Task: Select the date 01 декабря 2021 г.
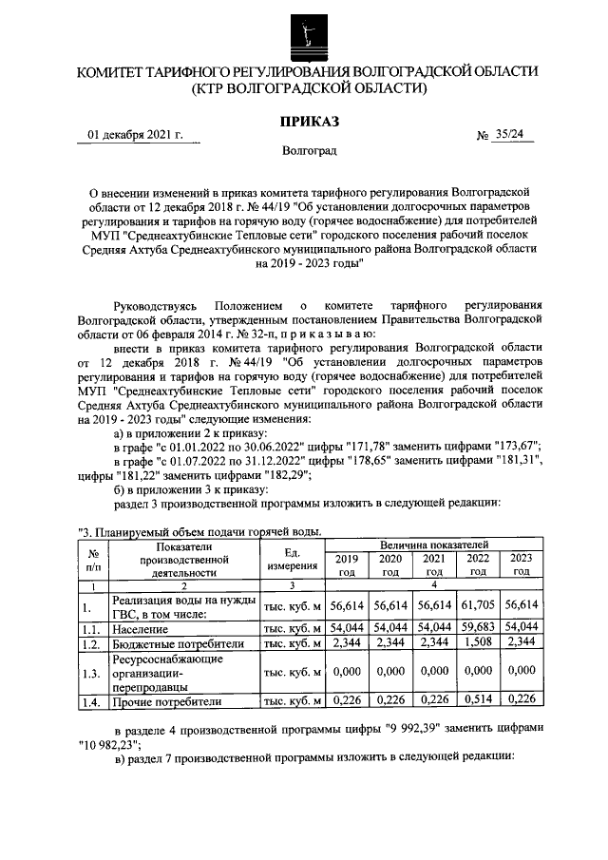point(134,135)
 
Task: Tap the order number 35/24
point(509,135)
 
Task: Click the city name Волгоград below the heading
point(308,151)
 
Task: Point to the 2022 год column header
point(479,565)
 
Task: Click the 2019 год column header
point(347,565)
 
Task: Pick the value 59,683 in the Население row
point(479,628)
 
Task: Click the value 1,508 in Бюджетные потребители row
point(479,644)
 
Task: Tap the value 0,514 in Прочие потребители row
point(479,702)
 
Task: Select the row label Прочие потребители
point(166,702)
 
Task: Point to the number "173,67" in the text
point(517,447)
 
